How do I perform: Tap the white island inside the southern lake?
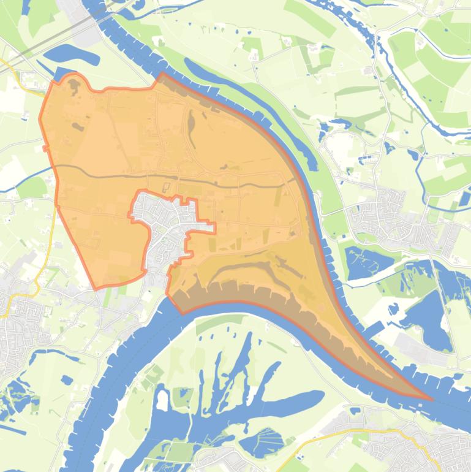tap(162, 400)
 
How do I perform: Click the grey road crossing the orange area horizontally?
tap(184, 178)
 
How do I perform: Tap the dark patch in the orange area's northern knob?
tap(73, 86)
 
